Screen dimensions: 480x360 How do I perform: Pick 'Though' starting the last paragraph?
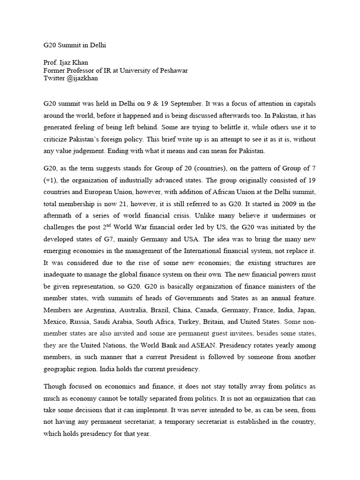click(x=55, y=386)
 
